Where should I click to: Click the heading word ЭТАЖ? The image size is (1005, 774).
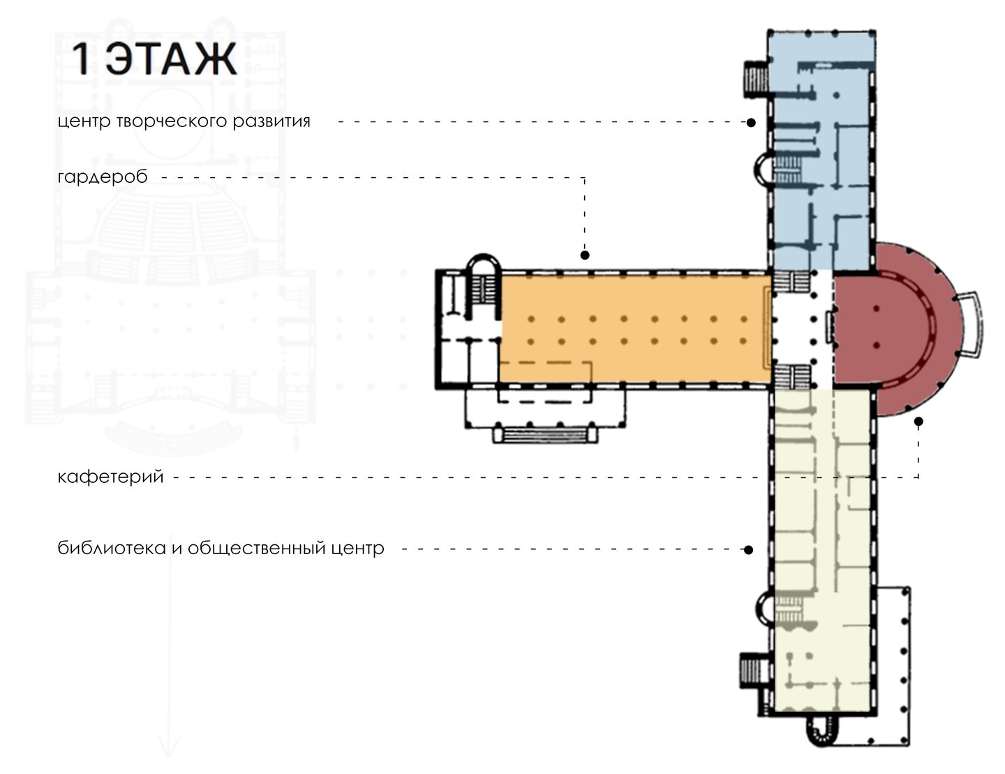171,59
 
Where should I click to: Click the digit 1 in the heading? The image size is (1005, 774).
81,59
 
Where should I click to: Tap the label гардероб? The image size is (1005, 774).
102,176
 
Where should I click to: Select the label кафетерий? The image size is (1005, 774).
110,476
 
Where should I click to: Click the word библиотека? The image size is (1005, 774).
112,548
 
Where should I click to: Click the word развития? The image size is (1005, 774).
271,121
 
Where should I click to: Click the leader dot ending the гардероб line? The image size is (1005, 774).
585,255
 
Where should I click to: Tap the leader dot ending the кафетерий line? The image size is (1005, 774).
918,422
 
